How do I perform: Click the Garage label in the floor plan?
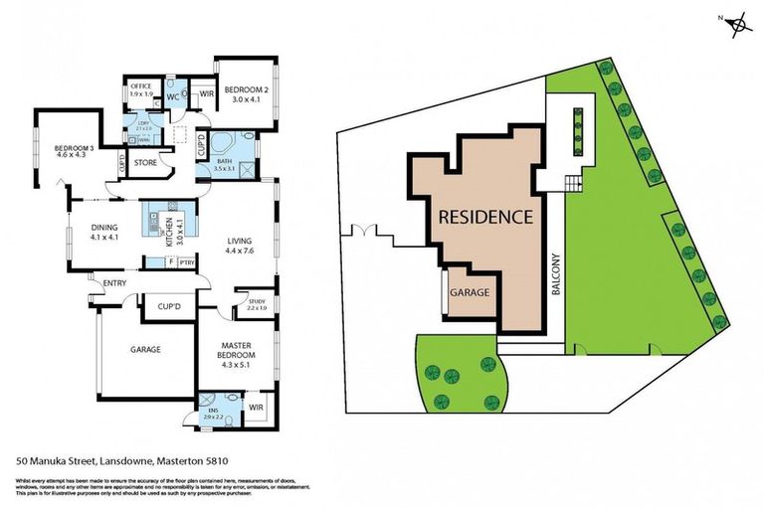(145, 349)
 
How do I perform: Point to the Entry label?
(115, 283)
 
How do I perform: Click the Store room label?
(145, 162)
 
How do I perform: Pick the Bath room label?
(224, 164)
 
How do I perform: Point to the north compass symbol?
(737, 23)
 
